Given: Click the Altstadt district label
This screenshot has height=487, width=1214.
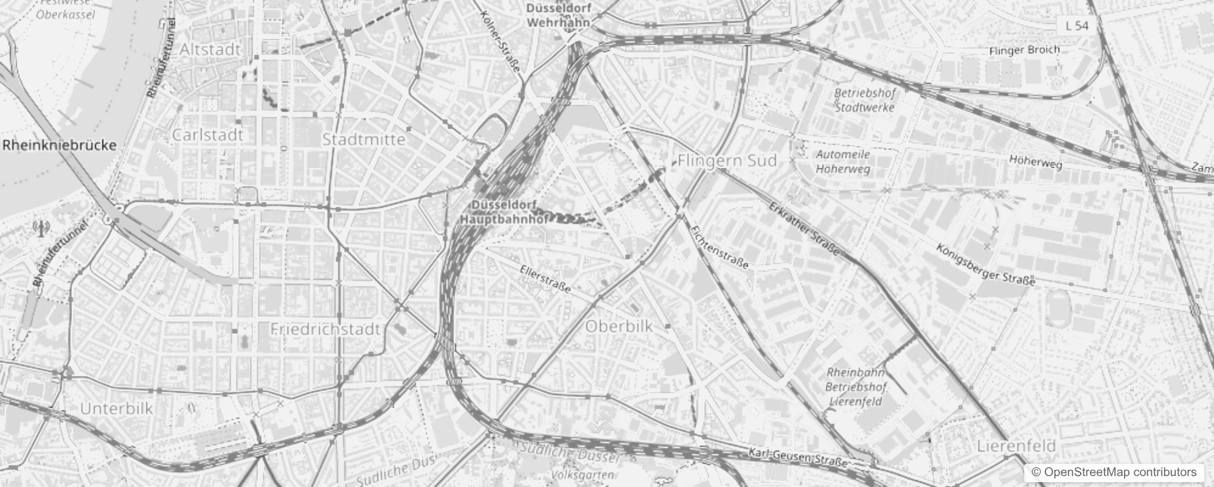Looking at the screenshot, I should coord(210,50).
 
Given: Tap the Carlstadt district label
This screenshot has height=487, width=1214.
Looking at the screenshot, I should coord(207,135).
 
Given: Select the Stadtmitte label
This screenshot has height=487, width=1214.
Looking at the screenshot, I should coord(363,139).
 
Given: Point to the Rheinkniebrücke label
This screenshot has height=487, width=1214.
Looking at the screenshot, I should coord(59,145).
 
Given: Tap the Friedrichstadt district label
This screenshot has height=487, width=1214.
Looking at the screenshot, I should coord(325,329).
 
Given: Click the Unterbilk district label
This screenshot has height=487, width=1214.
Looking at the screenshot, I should coord(117,408).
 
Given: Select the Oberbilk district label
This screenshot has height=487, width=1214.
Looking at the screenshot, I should coord(619,326).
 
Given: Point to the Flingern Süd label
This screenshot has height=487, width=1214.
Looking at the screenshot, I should coord(727,161).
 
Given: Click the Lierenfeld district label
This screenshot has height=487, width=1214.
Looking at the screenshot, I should coord(1016,446).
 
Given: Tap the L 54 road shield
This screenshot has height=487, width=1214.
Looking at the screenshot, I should coord(1077,26).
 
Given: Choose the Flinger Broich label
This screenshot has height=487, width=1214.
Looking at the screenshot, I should coord(1024,51).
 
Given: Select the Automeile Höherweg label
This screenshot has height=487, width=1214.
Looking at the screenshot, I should coord(843,162).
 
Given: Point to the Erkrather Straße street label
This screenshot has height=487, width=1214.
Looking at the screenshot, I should coord(804,228).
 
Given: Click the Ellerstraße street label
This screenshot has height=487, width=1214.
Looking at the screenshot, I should coord(546,279).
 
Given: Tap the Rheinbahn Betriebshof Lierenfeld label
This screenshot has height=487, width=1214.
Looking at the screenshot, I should coord(856,387).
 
